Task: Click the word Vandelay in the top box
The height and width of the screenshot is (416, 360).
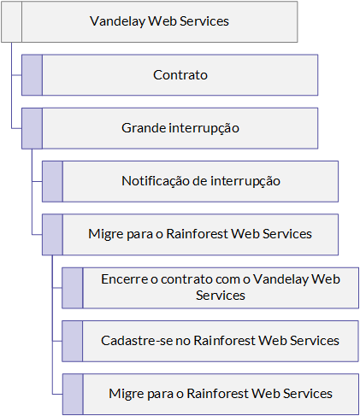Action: pos(117,21)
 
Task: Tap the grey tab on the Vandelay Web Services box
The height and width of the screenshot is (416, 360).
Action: pos(12,22)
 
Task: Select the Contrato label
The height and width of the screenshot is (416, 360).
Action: pos(180,75)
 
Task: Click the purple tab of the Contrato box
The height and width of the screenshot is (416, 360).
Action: pos(32,75)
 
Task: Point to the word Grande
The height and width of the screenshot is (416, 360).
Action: pos(144,128)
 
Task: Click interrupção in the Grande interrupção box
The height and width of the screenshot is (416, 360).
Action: pos(204,128)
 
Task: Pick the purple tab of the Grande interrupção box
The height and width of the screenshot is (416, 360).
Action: pos(32,128)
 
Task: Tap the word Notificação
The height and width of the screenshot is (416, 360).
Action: pos(156,181)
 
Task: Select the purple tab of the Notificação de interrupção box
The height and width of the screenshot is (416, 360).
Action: pos(52,181)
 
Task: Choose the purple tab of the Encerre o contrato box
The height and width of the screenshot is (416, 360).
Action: pos(73,288)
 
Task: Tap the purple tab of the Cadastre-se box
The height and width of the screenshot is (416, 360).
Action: pos(73,341)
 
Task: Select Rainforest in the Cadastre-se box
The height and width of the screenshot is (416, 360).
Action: pos(225,341)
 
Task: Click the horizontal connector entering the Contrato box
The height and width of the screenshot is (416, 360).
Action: pos(17,75)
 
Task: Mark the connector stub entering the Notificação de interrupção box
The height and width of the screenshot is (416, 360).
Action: pos(37,181)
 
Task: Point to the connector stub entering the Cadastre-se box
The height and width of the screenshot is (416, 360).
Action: pos(57,341)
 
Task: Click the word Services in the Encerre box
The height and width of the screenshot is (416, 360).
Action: pos(221,296)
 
